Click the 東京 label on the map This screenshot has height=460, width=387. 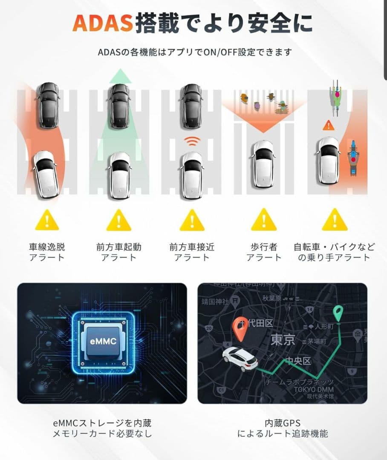283,340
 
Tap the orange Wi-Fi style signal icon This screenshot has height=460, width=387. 192,141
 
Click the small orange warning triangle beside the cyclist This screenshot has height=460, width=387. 328,125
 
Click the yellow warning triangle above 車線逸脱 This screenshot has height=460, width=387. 47,220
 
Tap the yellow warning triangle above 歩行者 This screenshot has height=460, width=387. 264,220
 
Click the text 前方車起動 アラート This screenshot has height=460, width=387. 119,252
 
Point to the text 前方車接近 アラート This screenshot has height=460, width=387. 192,252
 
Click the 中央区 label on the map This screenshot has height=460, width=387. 298,361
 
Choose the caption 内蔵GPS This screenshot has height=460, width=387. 283,423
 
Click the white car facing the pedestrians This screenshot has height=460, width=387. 263,164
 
